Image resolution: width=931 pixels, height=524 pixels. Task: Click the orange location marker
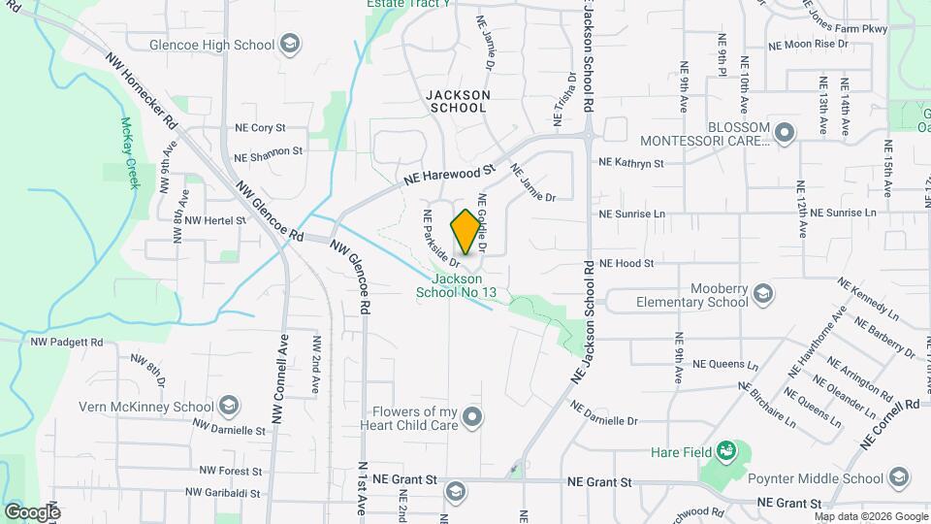click(x=465, y=232)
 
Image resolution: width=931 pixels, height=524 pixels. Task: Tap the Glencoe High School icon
click(x=289, y=44)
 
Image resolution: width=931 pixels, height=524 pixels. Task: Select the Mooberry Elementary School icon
click(x=763, y=294)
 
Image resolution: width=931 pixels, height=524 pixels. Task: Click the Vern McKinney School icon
click(x=230, y=406)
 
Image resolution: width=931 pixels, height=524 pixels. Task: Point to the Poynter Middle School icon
click(x=899, y=477)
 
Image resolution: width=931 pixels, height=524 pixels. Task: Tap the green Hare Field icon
click(x=725, y=452)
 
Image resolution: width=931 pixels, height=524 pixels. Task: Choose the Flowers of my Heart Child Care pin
click(x=472, y=417)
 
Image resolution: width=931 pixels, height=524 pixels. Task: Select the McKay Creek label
click(x=129, y=152)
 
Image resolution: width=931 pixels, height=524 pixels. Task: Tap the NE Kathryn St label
click(x=631, y=163)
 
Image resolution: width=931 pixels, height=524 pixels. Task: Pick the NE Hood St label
click(x=626, y=263)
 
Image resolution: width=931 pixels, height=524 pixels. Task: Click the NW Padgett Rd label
click(x=67, y=342)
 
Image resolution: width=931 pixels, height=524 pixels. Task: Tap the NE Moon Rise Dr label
click(x=808, y=45)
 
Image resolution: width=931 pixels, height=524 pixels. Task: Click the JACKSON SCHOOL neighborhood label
click(x=457, y=101)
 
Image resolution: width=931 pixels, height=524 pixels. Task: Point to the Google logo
click(x=32, y=512)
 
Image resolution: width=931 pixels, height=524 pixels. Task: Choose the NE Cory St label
click(x=260, y=127)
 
